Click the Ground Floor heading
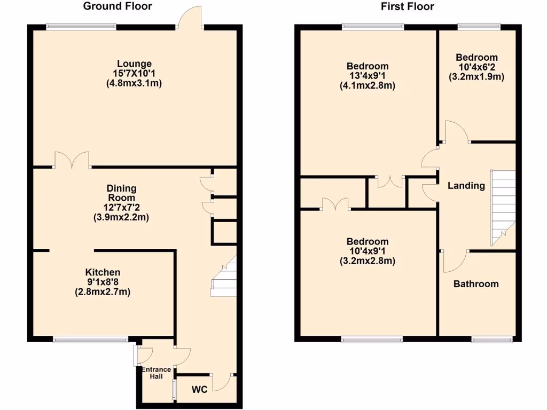(118, 6)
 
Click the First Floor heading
(407, 6)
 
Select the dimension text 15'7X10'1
(134, 74)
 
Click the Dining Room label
(122, 193)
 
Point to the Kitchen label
(103, 272)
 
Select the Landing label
(466, 186)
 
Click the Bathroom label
(476, 284)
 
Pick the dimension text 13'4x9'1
(367, 76)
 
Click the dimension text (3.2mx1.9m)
(476, 76)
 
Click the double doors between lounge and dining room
(72, 160)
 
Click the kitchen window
(90, 339)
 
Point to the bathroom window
(492, 339)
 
